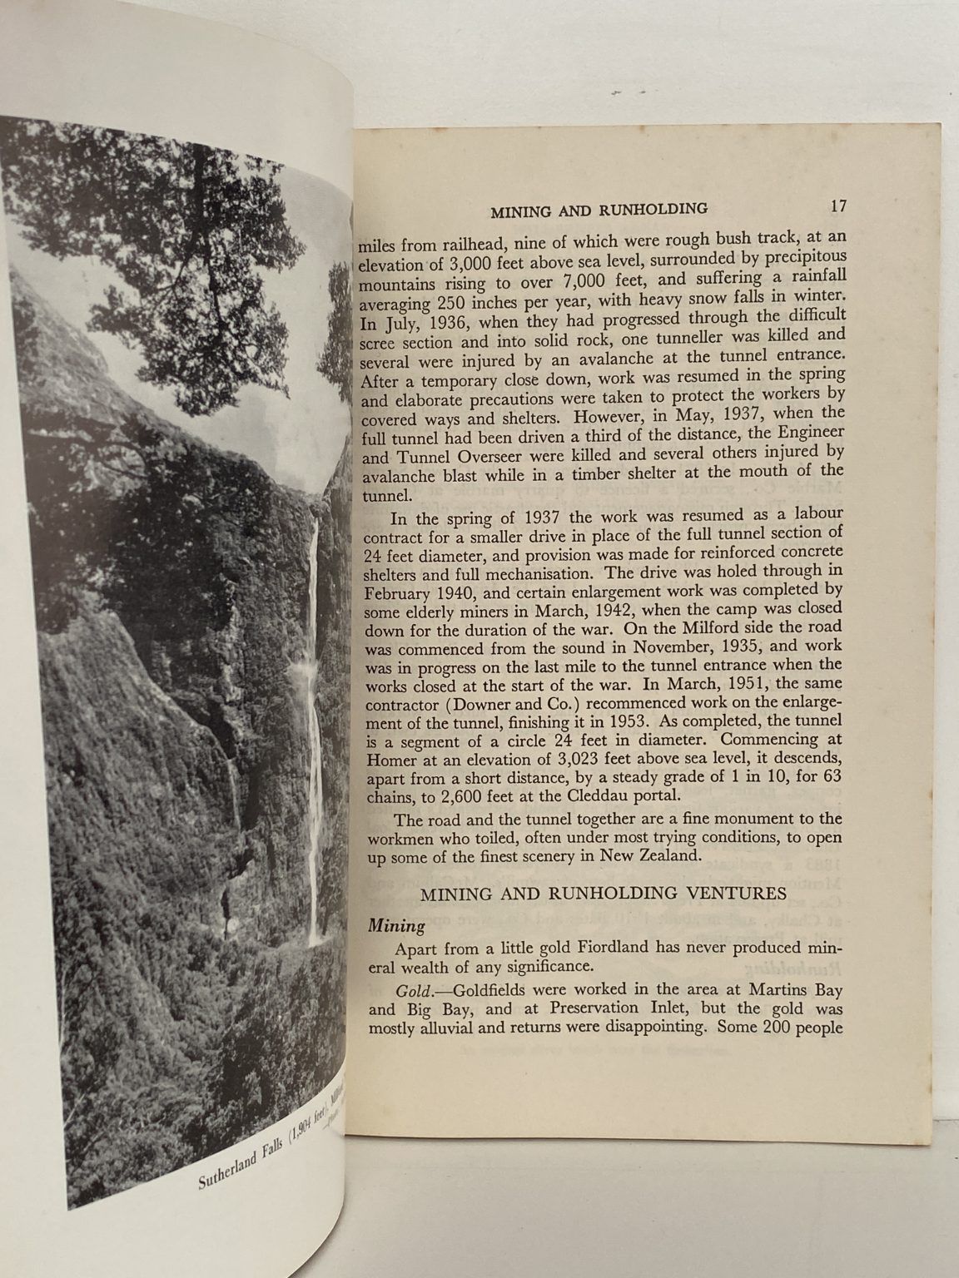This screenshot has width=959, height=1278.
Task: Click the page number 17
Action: [x=837, y=205]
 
